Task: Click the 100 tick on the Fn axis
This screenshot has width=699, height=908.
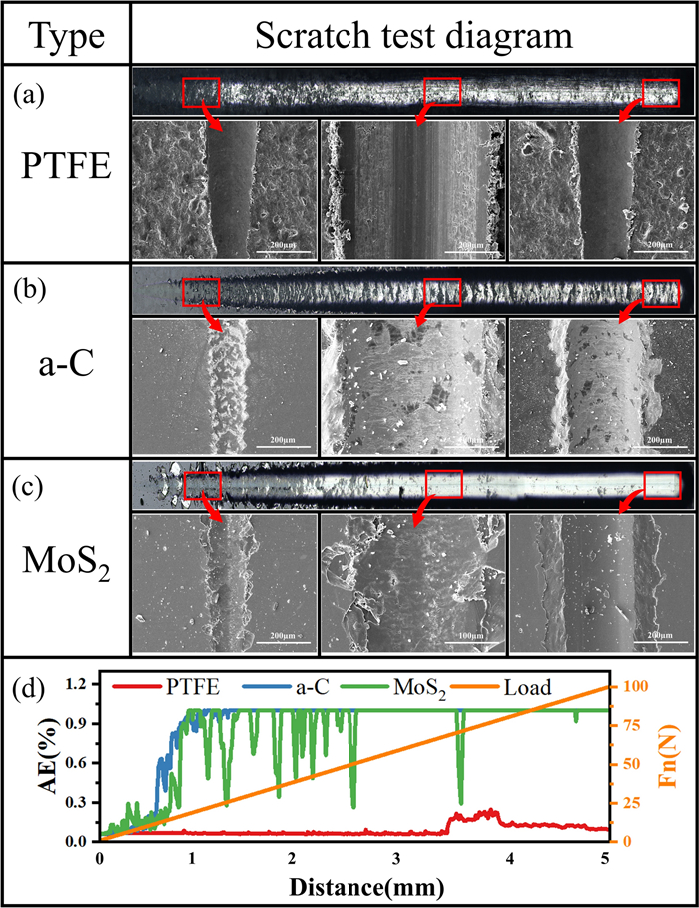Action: pos(634,686)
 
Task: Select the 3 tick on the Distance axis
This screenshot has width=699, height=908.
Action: pos(397,860)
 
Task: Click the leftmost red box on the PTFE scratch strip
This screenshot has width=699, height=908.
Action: pos(200,92)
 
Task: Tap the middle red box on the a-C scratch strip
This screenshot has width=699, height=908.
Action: pos(442,293)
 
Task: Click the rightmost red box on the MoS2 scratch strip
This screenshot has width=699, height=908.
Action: pos(660,485)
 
